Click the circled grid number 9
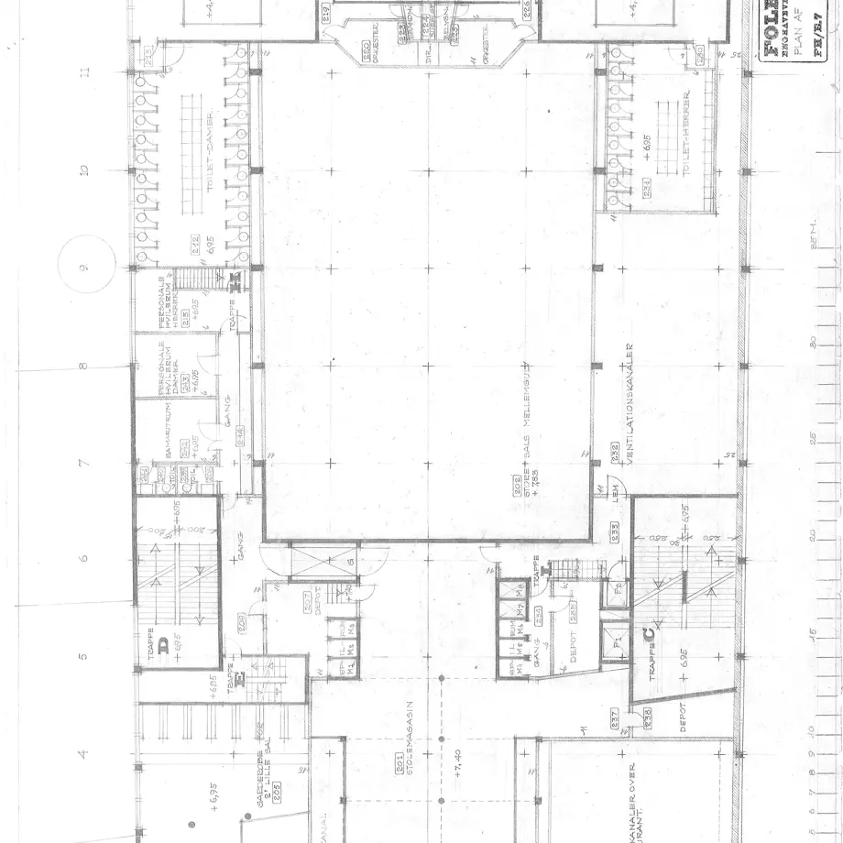82,268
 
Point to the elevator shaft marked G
350,561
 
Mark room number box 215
185,317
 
